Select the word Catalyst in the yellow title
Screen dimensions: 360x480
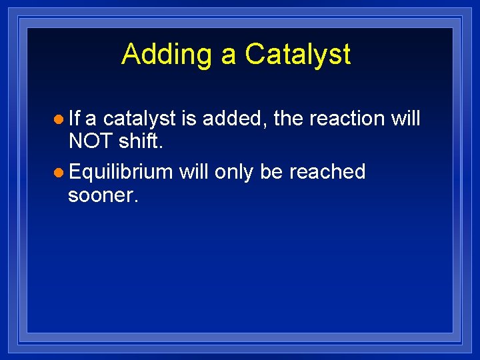coord(297,55)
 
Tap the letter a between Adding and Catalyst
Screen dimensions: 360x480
coord(229,56)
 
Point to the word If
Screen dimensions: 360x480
coord(74,118)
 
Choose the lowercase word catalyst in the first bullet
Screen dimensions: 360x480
coord(139,119)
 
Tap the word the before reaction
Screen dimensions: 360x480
coord(288,118)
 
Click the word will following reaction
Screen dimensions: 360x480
coord(405,118)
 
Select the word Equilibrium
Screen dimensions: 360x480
coord(121,173)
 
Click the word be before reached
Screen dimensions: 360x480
coord(271,171)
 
